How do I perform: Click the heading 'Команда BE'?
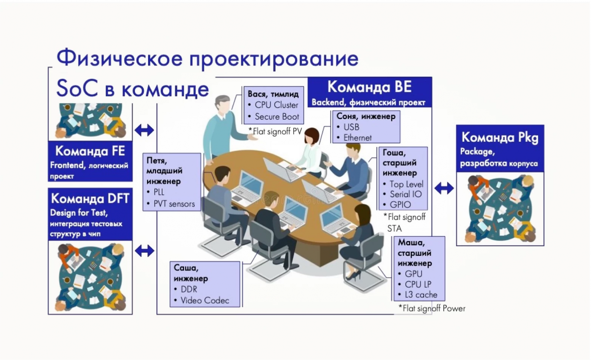click(369, 87)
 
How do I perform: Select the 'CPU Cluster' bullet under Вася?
click(276, 105)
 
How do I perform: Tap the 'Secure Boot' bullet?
click(277, 117)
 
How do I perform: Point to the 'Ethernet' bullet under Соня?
click(357, 138)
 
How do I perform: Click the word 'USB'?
click(351, 127)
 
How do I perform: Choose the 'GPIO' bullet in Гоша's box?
click(400, 205)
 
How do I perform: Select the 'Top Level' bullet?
click(406, 184)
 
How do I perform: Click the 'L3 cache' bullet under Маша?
click(421, 295)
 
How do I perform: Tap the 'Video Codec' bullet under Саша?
click(205, 301)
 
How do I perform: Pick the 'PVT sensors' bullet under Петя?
click(174, 204)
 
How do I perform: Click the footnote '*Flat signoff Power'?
click(432, 308)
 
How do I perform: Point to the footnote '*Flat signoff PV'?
click(275, 131)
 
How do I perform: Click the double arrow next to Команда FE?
click(144, 130)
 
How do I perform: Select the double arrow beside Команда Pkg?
click(444, 188)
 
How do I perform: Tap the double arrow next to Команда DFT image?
click(144, 250)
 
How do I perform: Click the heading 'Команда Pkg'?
click(500, 137)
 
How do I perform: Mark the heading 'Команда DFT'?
click(90, 199)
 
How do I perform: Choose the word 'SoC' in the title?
click(77, 89)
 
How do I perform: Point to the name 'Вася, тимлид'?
click(273, 94)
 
